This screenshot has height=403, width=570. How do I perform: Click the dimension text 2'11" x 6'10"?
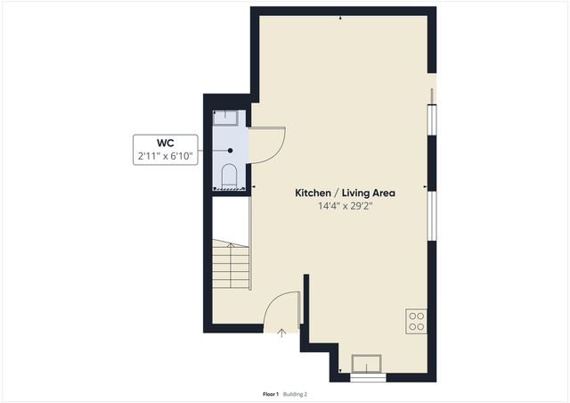166,157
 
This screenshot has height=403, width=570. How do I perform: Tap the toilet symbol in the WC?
229,175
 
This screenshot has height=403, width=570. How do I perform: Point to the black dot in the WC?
230,151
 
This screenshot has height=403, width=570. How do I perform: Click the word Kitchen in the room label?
315,193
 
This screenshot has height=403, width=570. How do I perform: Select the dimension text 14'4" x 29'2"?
345,206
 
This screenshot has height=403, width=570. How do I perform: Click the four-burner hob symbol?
416,321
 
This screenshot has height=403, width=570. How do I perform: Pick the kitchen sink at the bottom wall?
367,363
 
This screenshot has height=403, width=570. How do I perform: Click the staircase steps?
230,265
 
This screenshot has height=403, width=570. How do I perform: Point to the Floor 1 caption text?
271,393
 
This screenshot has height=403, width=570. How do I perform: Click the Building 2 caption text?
296,393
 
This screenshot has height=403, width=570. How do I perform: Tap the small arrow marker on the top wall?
341,17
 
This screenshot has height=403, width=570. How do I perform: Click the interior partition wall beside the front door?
305,303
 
